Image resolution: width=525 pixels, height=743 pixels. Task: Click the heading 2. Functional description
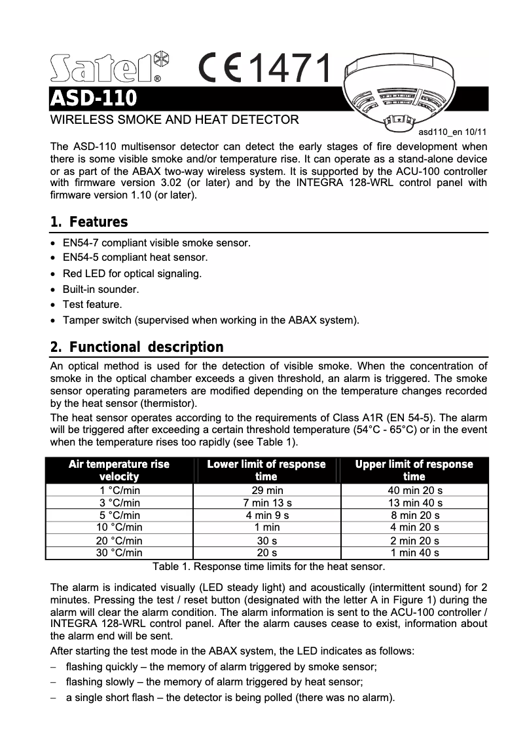[x=137, y=347]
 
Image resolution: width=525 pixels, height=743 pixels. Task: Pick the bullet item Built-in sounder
[x=100, y=289]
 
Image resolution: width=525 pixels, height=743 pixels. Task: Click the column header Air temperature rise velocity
[x=119, y=470]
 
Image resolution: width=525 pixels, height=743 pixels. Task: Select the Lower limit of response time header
[x=266, y=470]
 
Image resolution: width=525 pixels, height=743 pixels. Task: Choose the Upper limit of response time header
[x=414, y=470]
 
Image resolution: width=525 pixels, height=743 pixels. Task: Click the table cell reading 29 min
[x=267, y=490]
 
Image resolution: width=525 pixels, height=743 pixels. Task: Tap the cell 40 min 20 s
[x=414, y=490]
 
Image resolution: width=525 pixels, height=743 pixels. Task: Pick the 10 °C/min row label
[x=119, y=527]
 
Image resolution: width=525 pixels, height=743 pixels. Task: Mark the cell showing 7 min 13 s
[x=267, y=503]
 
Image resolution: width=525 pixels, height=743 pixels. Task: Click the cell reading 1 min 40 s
[x=414, y=552]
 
